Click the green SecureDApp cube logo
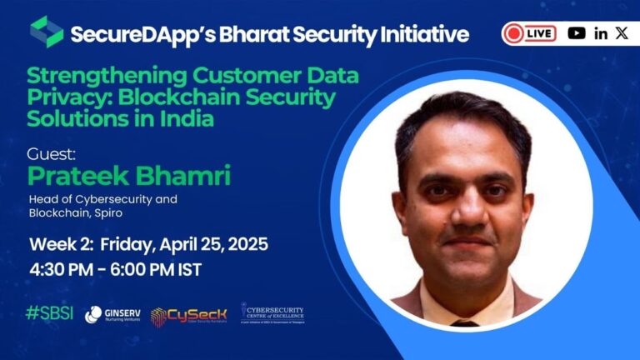pyautogui.click(x=47, y=32)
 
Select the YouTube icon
pyautogui.click(x=576, y=33)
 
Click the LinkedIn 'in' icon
pyautogui.click(x=601, y=33)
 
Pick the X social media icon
pyautogui.click(x=622, y=33)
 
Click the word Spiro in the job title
pyautogui.click(x=116, y=213)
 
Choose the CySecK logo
pyautogui.click(x=187, y=315)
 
